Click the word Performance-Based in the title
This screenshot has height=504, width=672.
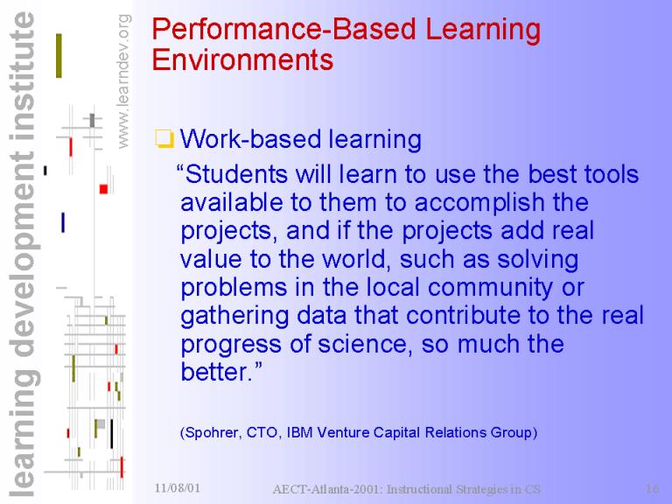283,30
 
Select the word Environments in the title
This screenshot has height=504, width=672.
242,59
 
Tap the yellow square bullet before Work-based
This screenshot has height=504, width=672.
164,139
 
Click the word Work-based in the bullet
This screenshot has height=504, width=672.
250,139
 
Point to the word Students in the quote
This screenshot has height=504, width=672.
237,174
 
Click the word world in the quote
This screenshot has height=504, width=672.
356,259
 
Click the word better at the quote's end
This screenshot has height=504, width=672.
214,371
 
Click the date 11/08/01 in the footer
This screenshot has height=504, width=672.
177,487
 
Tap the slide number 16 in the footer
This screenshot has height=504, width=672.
652,488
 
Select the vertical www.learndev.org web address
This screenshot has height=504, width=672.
123,81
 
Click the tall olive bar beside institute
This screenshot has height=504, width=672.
59,56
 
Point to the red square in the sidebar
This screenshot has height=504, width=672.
103,189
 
